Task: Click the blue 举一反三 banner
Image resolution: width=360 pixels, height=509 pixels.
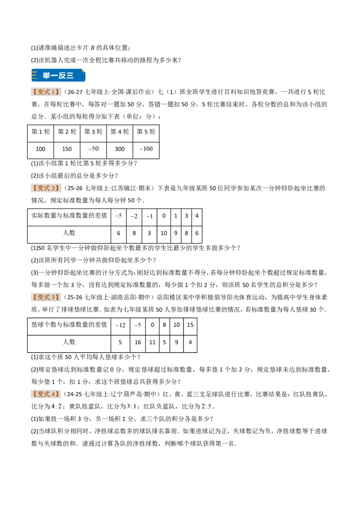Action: (x=58, y=75)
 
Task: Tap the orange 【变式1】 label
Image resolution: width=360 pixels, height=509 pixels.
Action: (x=46, y=92)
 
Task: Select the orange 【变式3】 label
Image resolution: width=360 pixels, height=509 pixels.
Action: (x=46, y=297)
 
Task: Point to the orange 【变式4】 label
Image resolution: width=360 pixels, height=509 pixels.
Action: (x=46, y=394)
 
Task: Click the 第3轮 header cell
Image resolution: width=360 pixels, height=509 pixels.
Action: (x=93, y=131)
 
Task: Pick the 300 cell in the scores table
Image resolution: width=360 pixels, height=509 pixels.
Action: (x=120, y=149)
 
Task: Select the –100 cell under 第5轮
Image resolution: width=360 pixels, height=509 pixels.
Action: (x=146, y=149)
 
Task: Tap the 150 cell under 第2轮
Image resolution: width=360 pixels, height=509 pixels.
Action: (x=67, y=149)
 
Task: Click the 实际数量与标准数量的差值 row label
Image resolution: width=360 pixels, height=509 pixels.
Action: (x=69, y=215)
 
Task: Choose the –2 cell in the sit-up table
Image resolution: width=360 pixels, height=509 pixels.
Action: (x=134, y=216)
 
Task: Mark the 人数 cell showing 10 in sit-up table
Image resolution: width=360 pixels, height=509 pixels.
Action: (x=164, y=233)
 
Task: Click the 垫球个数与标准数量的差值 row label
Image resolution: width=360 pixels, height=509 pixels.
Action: (x=69, y=325)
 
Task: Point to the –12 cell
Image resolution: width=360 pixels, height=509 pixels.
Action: (x=120, y=325)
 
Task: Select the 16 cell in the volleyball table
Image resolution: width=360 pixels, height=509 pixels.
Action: (x=138, y=342)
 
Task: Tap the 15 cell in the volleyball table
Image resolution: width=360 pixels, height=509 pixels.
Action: (x=190, y=325)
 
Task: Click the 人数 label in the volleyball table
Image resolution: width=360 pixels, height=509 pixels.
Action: (x=69, y=342)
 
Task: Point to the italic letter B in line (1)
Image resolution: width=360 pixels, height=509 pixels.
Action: (x=92, y=48)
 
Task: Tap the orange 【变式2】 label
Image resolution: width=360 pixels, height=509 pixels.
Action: (x=46, y=188)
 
